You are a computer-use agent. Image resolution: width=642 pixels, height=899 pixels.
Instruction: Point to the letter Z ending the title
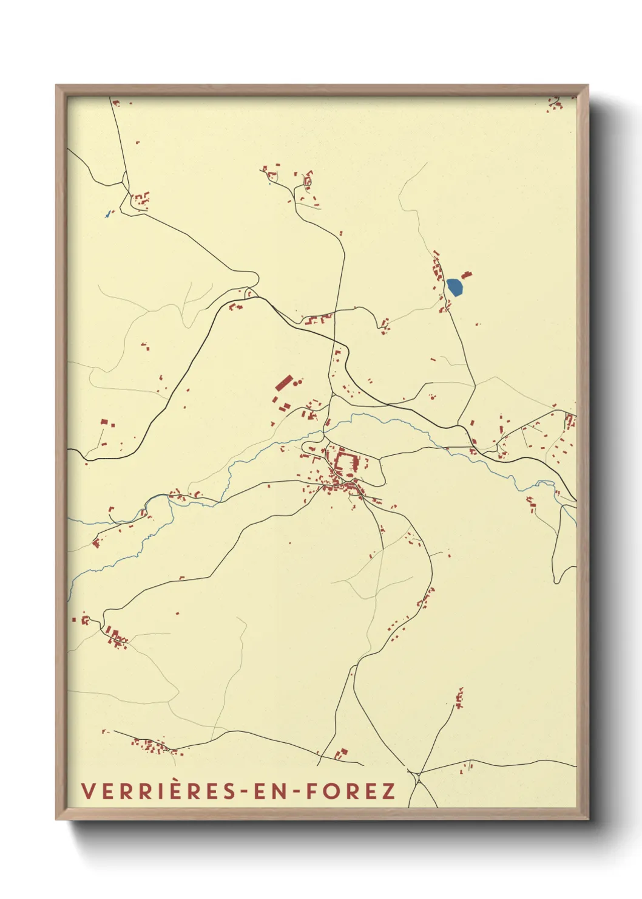pyautogui.click(x=388, y=791)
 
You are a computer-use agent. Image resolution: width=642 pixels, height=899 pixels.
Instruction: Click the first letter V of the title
pyautogui.click(x=87, y=791)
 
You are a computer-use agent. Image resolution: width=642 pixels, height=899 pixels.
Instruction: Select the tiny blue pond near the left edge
pyautogui.click(x=107, y=214)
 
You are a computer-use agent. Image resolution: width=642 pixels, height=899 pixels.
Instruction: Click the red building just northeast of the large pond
pyautogui.click(x=467, y=275)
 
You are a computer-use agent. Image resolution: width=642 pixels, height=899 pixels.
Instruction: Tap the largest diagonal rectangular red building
pyautogui.click(x=283, y=383)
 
